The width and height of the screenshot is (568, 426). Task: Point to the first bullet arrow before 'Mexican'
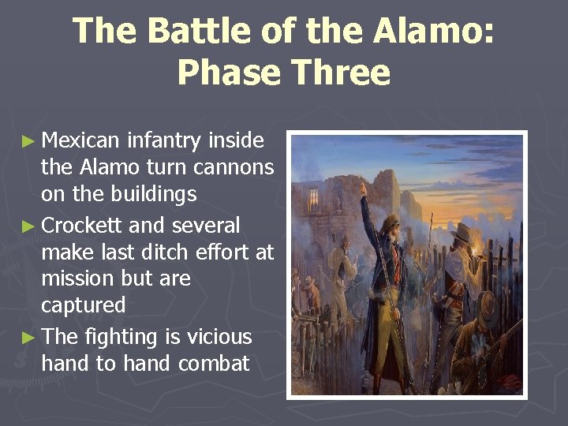pyautogui.click(x=28, y=142)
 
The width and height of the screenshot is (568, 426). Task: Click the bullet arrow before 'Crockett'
pyautogui.click(x=28, y=227)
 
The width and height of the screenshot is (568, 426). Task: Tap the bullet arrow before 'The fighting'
pyautogui.click(x=28, y=338)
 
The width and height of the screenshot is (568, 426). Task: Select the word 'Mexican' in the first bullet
pyautogui.click(x=80, y=140)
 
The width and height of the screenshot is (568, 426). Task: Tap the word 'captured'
pyautogui.click(x=83, y=305)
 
